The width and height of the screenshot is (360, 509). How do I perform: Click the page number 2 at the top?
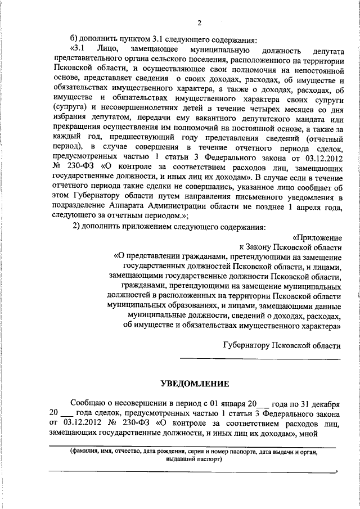point(199,23)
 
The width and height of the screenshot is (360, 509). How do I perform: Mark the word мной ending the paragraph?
point(331,433)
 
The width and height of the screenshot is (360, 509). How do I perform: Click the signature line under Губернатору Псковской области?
point(260,359)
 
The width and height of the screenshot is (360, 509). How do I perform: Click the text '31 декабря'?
point(317,404)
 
